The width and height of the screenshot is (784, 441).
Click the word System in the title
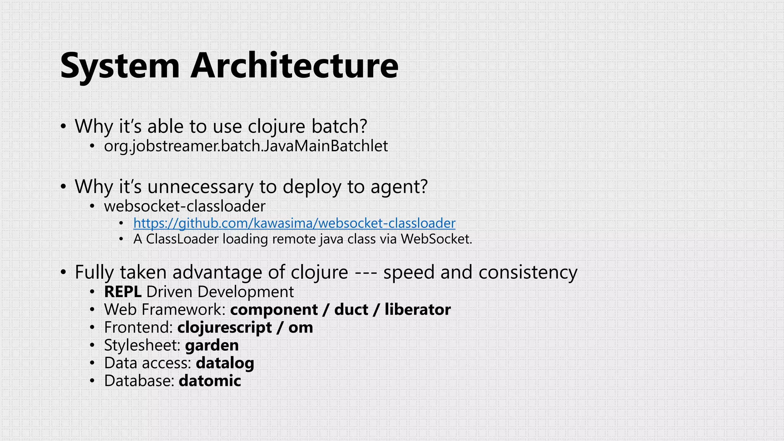coord(120,66)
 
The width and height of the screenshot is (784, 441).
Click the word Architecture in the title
coord(294,66)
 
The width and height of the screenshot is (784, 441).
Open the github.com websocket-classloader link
coord(294,223)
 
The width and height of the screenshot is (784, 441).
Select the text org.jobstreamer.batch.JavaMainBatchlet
coord(246,146)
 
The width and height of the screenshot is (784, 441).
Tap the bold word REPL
coord(122,292)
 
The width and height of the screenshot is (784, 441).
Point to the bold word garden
coord(212,345)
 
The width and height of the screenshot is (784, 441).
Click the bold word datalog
coord(225,363)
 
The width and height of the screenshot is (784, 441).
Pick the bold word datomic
coord(210,381)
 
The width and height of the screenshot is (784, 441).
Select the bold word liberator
coord(418,309)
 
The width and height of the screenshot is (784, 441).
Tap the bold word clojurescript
coord(225,328)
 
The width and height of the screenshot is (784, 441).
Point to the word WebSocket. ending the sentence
coord(436,239)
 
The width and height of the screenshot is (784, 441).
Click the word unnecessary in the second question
coord(200,187)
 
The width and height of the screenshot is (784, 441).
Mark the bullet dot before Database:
coord(92,381)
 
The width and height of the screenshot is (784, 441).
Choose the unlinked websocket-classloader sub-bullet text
coord(185,206)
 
